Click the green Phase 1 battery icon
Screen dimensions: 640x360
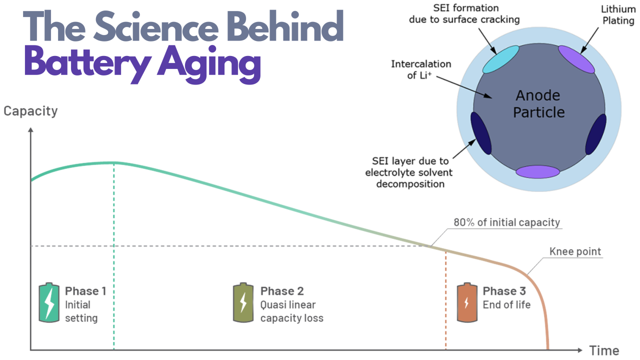pyautogui.click(x=49, y=303)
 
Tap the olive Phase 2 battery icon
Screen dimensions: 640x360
pyautogui.click(x=243, y=303)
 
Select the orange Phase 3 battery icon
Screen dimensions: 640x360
pyautogui.click(x=467, y=303)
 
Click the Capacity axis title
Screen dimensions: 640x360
pyautogui.click(x=30, y=111)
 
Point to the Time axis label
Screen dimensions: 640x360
pyautogui.click(x=604, y=351)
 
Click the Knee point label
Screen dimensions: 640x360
pyautogui.click(x=575, y=251)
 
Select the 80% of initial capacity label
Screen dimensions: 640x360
pyautogui.click(x=507, y=222)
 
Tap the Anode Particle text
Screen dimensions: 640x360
pyautogui.click(x=539, y=103)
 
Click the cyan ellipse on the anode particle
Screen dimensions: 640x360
pyautogui.click(x=501, y=59)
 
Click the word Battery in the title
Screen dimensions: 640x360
pyautogui.click(x=87, y=63)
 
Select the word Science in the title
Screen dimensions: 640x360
pyautogui.click(x=156, y=27)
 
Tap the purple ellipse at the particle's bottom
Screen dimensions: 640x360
pyautogui.click(x=537, y=171)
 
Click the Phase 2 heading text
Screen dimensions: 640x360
pyautogui.click(x=282, y=291)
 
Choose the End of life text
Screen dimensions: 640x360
pyautogui.click(x=506, y=305)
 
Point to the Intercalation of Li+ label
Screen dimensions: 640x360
pyautogui.click(x=421, y=69)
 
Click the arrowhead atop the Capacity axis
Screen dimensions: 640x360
pyautogui.click(x=30, y=130)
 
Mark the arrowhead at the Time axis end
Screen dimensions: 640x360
pyautogui.click(x=579, y=350)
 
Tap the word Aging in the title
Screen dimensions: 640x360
pyautogui.click(x=209, y=64)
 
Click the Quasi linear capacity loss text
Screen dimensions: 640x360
pyautogui.click(x=291, y=311)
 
